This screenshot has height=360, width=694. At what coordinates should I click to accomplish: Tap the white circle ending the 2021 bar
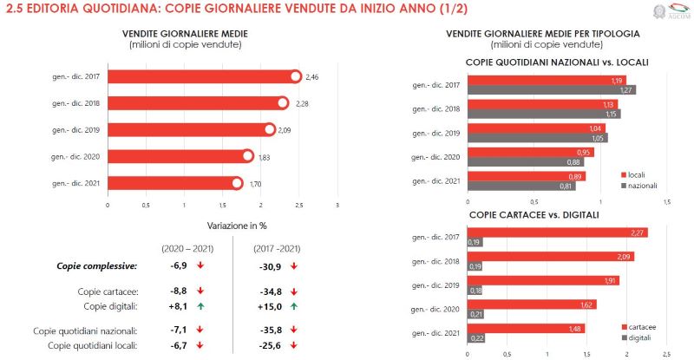tap(237, 183)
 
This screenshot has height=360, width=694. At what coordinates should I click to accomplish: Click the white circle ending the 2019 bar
tap(270, 130)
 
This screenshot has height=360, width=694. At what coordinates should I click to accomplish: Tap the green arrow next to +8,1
tap(200, 306)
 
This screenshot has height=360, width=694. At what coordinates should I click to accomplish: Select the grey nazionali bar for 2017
tap(551, 89)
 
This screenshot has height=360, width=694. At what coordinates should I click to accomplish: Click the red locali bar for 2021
tap(526, 176)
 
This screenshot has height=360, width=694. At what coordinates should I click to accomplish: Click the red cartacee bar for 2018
tap(550, 257)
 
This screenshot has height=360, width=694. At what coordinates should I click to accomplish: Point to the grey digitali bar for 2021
tap(475, 337)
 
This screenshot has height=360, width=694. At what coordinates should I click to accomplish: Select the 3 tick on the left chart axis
tap(337, 206)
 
